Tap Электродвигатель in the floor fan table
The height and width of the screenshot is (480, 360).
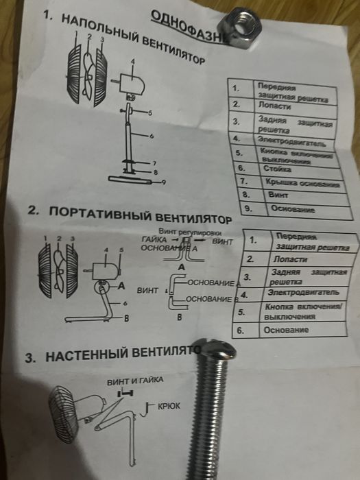pos(291,143)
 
